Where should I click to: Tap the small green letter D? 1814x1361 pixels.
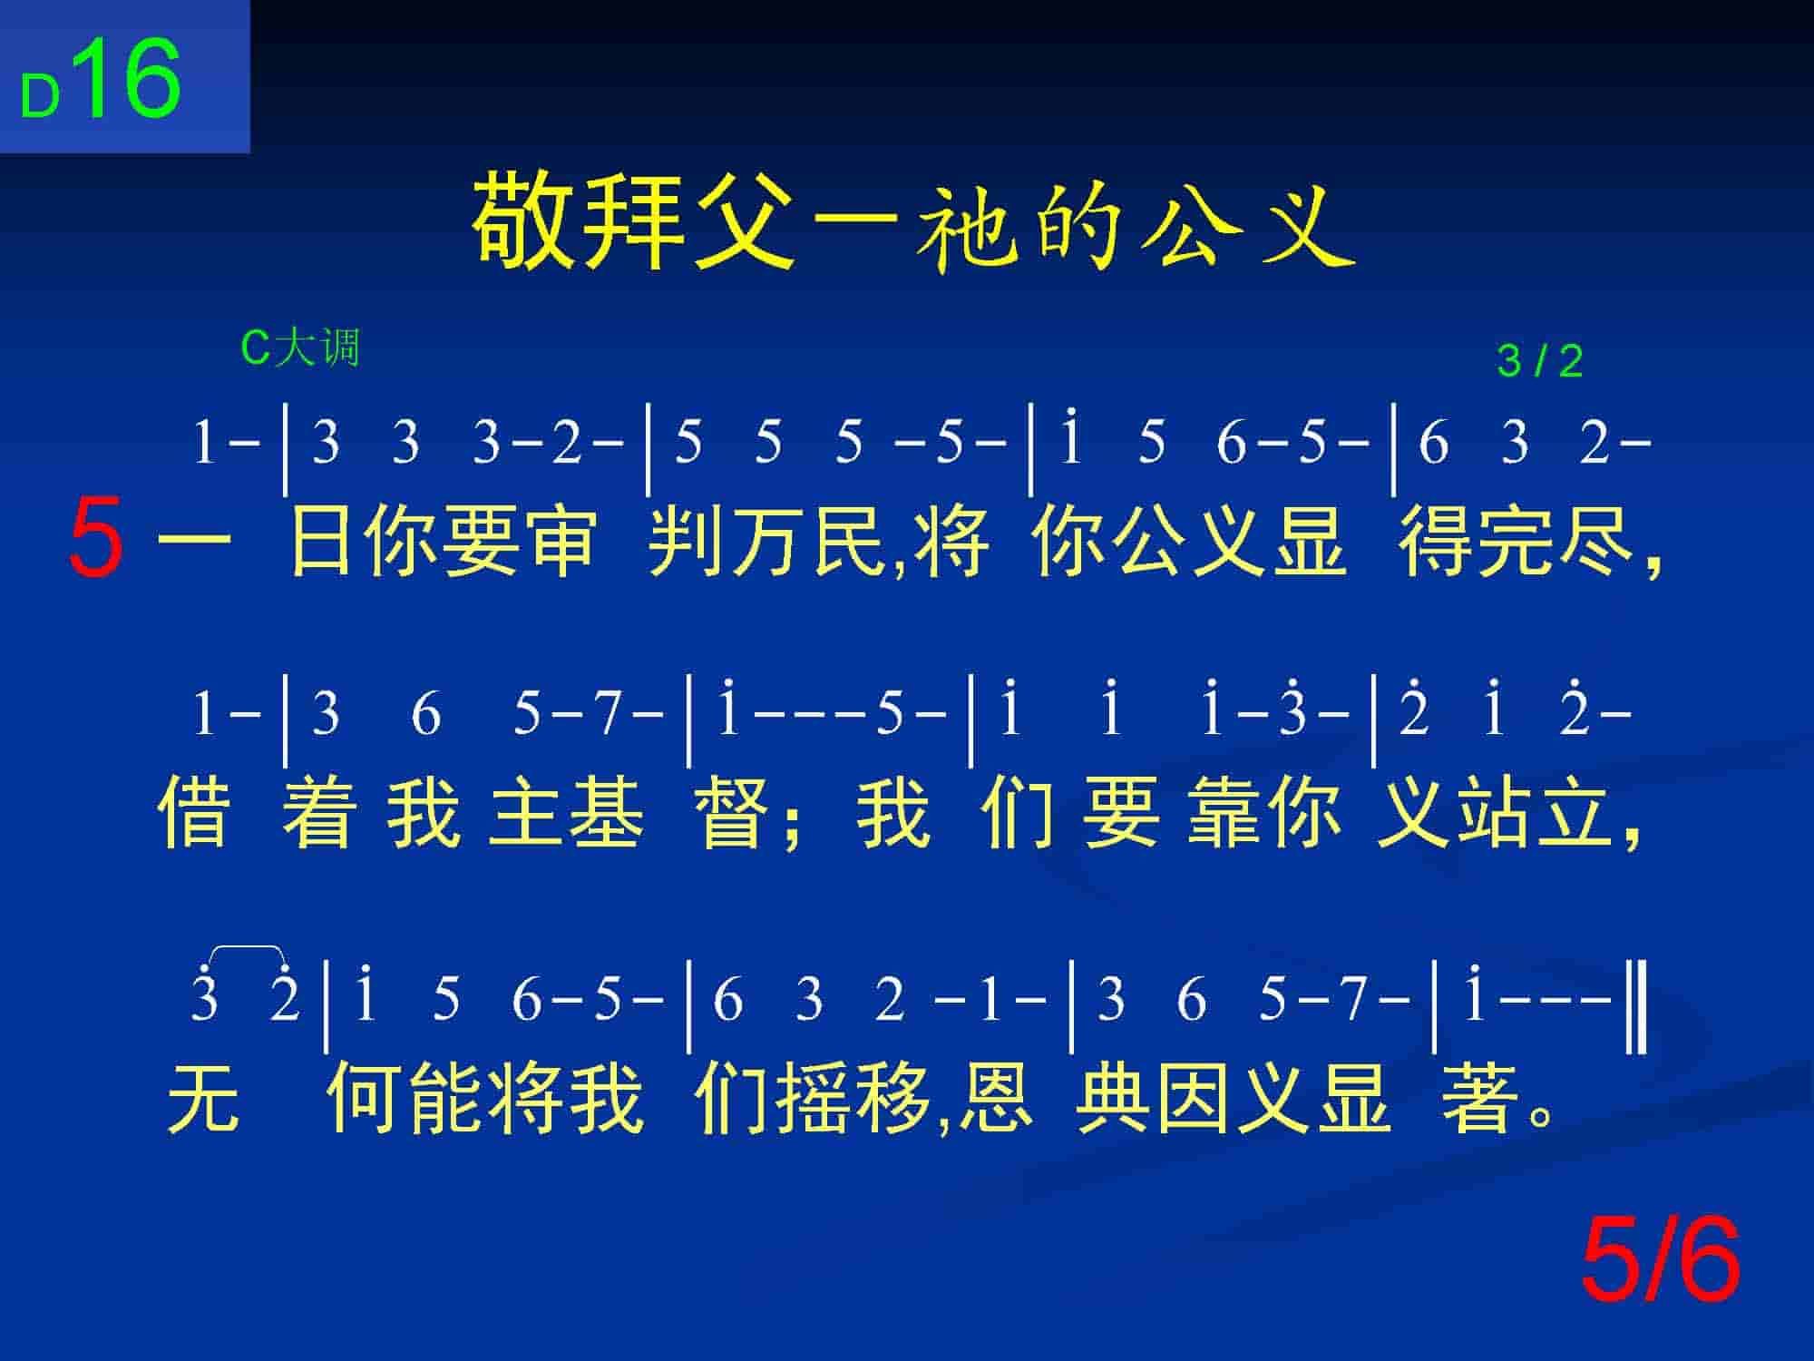click(x=41, y=96)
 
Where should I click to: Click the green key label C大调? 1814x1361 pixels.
click(x=300, y=348)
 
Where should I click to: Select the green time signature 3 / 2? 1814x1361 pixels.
click(x=1540, y=362)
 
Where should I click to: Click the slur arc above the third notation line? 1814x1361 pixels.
click(x=247, y=950)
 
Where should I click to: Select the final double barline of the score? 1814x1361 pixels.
click(x=1636, y=1008)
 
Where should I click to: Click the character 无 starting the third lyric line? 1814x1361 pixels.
click(x=203, y=1098)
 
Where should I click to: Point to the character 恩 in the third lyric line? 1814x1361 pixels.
click(x=995, y=1098)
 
